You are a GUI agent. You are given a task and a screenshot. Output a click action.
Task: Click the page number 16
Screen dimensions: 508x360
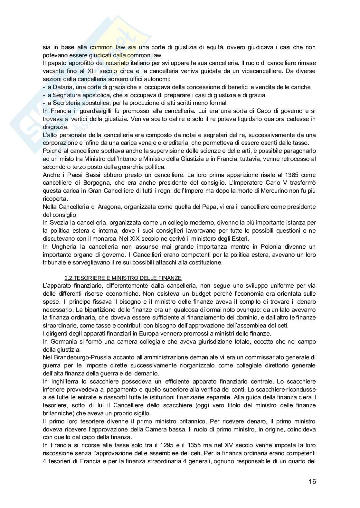click(x=312, y=482)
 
